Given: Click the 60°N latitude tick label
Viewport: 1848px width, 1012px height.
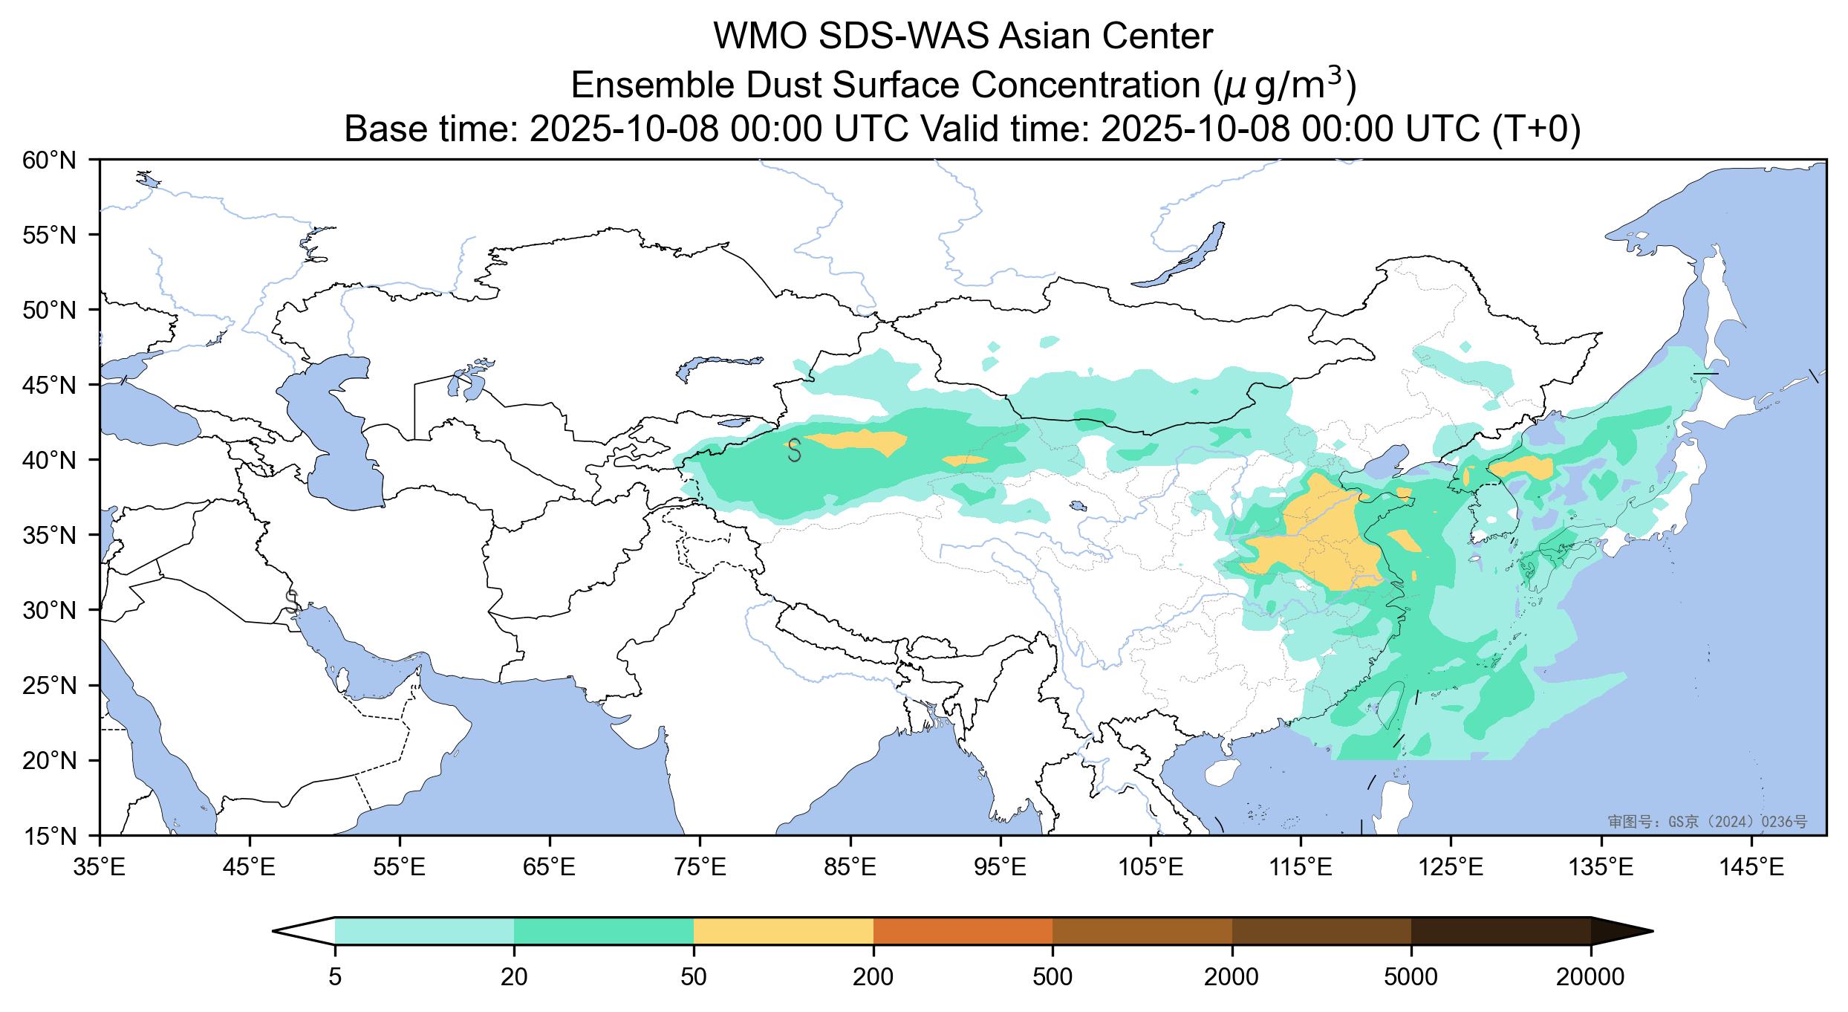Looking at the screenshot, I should [x=50, y=160].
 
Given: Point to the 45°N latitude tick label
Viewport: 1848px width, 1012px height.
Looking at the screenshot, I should [x=50, y=385].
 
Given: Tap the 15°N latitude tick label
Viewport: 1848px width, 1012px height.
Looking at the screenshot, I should [x=50, y=837].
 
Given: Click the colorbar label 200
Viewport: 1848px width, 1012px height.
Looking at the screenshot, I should [x=873, y=977].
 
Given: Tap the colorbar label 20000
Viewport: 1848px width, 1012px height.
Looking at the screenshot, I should [x=1590, y=977].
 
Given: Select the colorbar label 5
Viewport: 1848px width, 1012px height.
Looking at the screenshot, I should [x=335, y=977].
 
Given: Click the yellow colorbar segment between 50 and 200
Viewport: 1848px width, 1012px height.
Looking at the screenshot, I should [x=783, y=931].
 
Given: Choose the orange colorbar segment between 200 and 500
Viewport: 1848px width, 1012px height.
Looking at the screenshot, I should [x=963, y=931].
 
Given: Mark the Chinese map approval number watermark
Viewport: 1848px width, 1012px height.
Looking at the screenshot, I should [x=1707, y=822].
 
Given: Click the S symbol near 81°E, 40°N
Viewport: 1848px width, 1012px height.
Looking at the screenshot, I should [x=794, y=450].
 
